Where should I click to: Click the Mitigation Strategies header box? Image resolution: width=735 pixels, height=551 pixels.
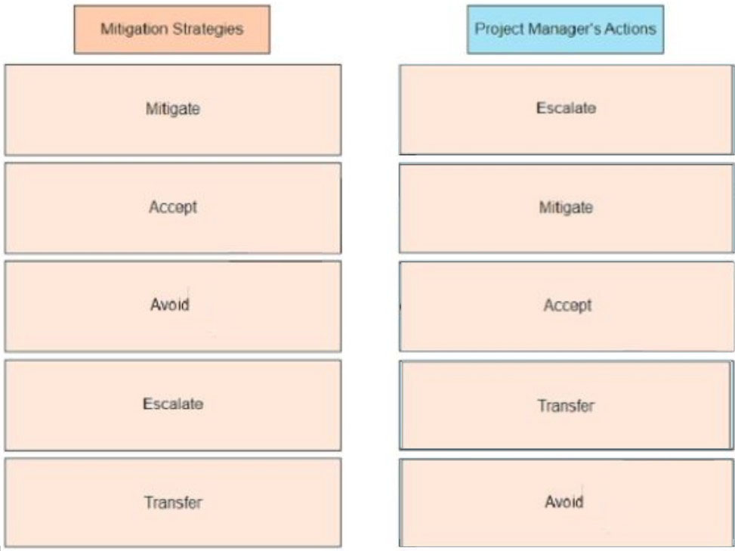(172, 29)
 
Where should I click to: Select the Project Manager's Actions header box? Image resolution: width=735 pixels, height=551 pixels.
(565, 29)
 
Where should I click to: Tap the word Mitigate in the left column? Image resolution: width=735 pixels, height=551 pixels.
(173, 110)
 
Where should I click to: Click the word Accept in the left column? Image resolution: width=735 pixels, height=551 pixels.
(173, 207)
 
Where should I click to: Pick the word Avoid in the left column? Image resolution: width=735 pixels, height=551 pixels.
(170, 305)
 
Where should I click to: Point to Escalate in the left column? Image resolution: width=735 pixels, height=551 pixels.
(173, 404)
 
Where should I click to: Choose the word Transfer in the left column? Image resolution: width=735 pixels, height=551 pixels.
(173, 502)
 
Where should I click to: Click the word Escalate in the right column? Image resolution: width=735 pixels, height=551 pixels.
(567, 108)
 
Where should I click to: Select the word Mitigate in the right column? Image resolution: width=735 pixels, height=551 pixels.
(566, 207)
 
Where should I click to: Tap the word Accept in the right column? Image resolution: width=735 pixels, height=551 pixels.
(567, 306)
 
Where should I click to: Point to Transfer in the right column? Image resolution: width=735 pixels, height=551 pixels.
(566, 406)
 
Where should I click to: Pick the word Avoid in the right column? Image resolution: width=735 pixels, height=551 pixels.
(564, 502)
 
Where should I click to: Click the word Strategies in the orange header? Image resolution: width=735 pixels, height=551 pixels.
(208, 29)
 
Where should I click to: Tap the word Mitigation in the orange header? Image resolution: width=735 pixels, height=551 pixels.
(134, 29)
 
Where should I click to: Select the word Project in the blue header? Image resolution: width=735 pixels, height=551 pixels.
(499, 29)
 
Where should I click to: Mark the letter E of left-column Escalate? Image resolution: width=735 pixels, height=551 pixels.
(147, 404)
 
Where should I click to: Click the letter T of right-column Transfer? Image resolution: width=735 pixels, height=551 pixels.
(542, 405)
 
